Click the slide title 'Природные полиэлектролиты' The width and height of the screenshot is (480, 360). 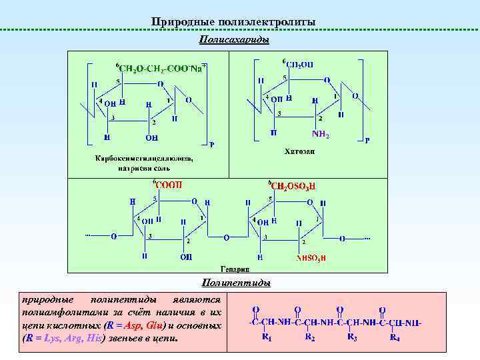point(233,23)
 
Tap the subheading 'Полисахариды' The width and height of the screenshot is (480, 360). point(234,41)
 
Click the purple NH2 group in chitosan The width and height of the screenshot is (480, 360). point(321,135)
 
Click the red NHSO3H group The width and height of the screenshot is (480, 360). point(311,257)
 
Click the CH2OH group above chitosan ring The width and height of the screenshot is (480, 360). point(299,64)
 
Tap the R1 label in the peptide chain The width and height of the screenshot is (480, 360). point(267,337)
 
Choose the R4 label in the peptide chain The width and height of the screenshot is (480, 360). point(395,337)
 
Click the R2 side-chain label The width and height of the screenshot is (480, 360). point(309,337)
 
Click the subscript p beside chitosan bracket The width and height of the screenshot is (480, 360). point(367,141)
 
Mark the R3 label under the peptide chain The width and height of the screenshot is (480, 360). point(353,337)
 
